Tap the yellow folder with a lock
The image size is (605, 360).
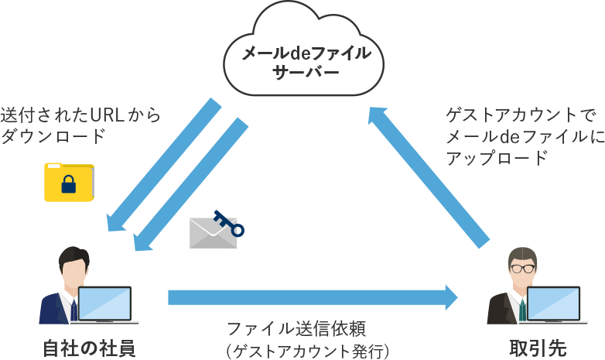coord(69,181)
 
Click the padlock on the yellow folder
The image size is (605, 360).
coord(69,185)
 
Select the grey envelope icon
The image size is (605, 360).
coord(213,232)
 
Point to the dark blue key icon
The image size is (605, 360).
coord(229,223)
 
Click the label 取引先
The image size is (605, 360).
coord(533,346)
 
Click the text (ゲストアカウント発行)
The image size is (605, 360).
coord(307,350)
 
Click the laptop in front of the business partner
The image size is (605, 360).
coord(552,304)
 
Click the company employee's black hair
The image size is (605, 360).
coord(73,254)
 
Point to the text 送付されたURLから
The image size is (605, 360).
coord(80,116)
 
